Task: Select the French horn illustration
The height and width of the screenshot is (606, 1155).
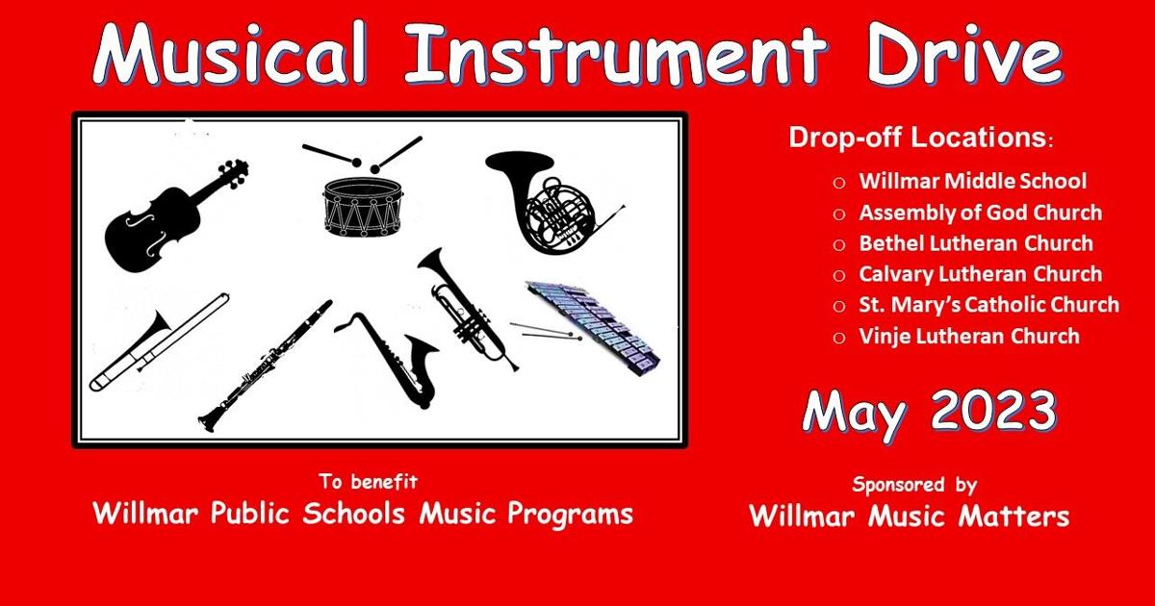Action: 539,202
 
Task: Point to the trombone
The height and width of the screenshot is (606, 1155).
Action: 159,341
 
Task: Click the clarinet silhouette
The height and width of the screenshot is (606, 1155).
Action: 265,366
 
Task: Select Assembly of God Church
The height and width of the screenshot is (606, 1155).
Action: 980,213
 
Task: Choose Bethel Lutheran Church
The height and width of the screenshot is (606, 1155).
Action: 976,243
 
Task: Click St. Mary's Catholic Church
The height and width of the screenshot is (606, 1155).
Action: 988,305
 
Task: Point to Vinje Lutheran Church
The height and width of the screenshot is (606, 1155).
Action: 969,336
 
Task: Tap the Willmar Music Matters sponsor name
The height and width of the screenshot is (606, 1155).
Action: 909,517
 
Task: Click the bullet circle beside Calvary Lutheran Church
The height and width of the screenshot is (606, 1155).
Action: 839,275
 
